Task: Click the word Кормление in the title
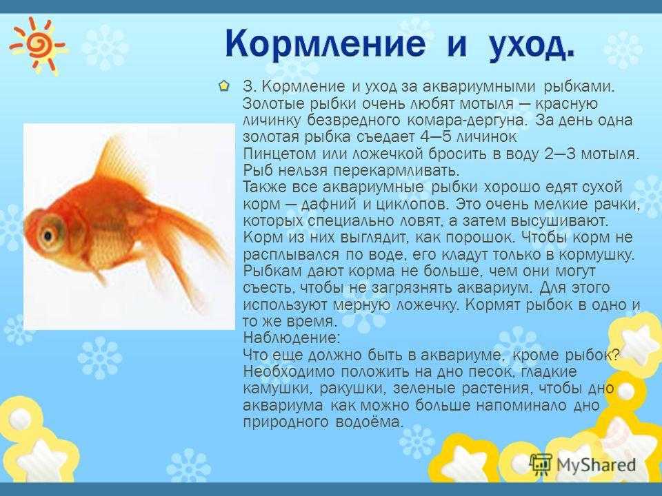[325, 43]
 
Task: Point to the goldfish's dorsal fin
[121, 161]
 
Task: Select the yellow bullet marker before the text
[223, 86]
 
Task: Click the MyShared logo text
[596, 465]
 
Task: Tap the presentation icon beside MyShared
[541, 465]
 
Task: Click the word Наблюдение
[291, 338]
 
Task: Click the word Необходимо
[289, 372]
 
